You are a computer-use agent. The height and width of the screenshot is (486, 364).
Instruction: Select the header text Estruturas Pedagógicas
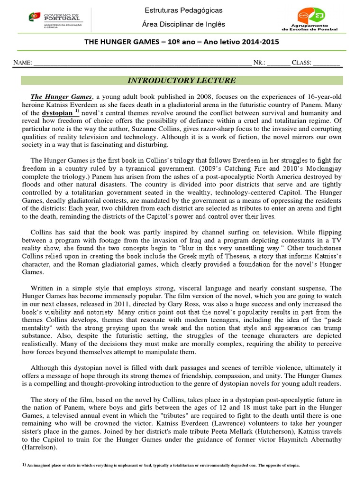(x=183, y=10)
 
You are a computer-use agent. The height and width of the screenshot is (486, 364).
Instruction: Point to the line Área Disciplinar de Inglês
(x=183, y=24)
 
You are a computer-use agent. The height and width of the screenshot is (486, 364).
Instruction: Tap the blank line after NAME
(x=142, y=62)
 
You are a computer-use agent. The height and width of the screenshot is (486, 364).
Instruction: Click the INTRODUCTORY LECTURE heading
(x=182, y=80)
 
